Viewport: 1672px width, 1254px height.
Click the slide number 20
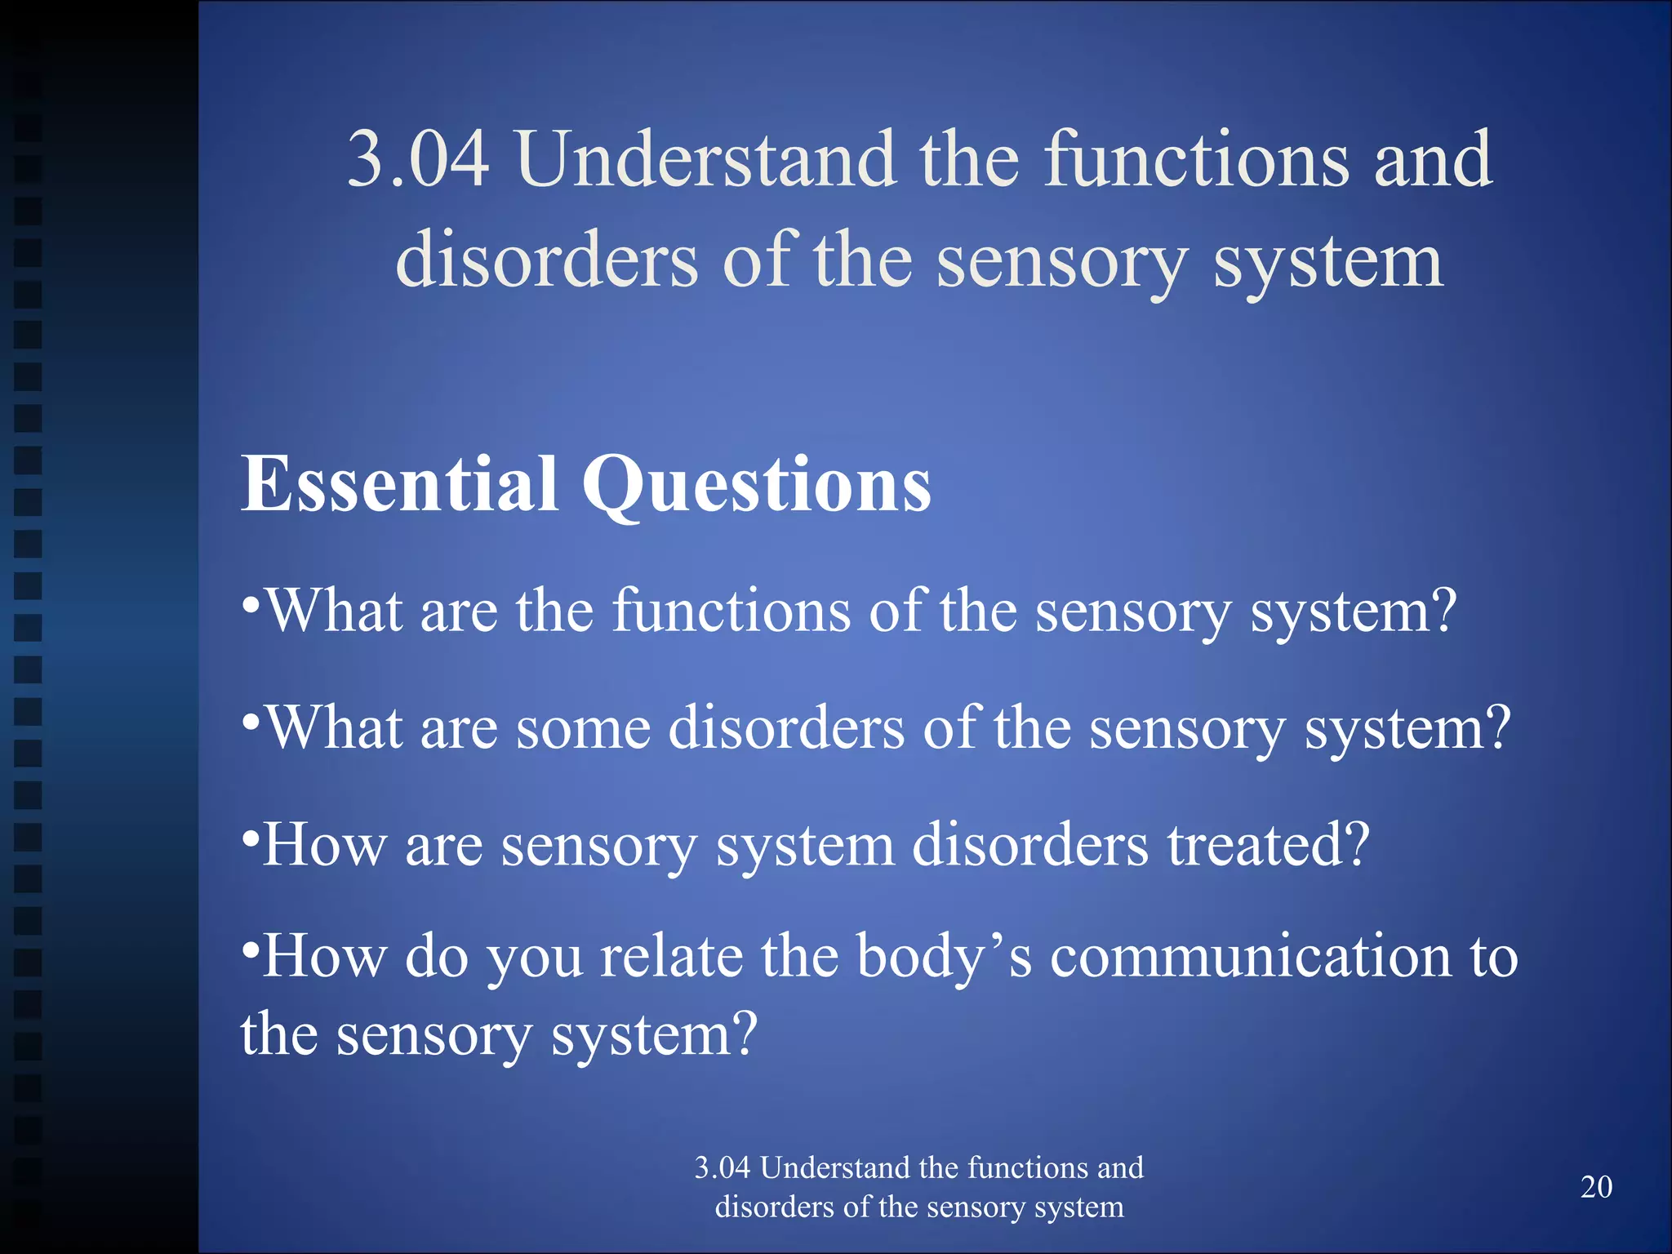click(1596, 1187)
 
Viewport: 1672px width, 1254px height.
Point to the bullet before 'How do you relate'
click(251, 950)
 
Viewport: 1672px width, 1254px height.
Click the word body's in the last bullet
click(944, 958)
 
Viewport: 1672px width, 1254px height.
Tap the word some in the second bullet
click(583, 728)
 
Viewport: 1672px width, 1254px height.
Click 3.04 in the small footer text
click(722, 1168)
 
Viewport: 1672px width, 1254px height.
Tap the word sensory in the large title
click(1061, 263)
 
